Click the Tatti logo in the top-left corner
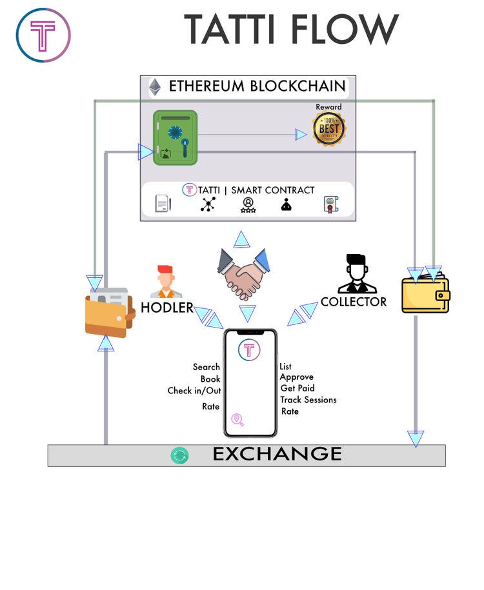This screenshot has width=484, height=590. click(43, 35)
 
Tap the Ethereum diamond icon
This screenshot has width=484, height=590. click(155, 87)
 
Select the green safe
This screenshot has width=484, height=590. click(175, 138)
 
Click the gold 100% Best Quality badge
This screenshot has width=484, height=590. click(329, 129)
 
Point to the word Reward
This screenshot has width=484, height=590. click(329, 107)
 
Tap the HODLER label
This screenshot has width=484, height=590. click(167, 308)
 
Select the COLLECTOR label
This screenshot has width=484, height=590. click(354, 302)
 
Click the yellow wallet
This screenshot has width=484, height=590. click(426, 294)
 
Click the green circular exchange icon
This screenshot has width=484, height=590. click(179, 456)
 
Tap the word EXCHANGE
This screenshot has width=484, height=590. click(277, 454)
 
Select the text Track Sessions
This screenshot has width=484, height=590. click(308, 400)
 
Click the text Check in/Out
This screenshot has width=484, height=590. click(194, 391)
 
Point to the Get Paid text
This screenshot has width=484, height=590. click(297, 388)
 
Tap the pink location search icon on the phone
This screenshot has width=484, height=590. click(237, 420)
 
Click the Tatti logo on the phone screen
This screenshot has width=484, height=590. click(249, 349)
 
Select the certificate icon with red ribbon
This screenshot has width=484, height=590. click(330, 204)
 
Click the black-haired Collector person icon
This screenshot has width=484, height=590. click(357, 273)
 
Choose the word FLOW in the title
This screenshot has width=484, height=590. click(345, 30)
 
